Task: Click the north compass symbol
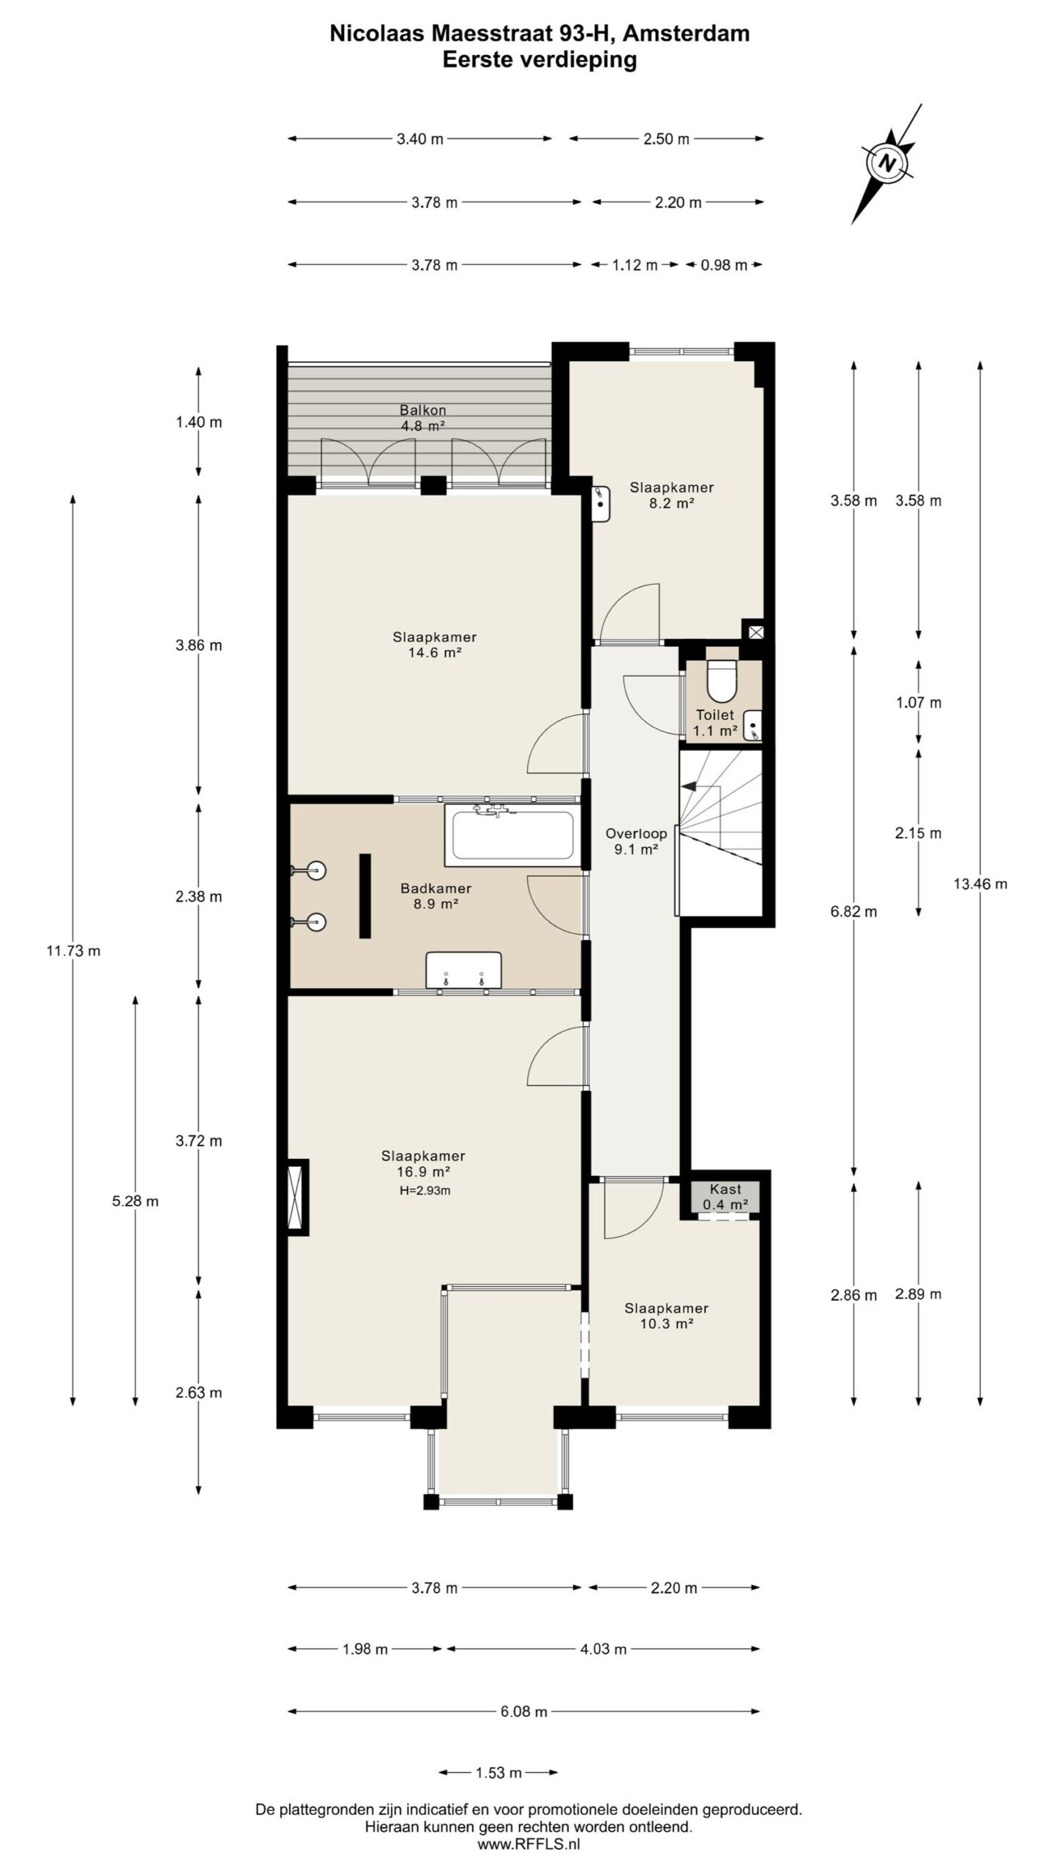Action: coord(887,163)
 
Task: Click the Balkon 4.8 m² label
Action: coord(423,418)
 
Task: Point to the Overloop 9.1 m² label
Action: coord(636,841)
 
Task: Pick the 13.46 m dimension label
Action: coord(980,884)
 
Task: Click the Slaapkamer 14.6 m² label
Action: coord(435,645)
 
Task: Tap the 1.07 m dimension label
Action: coord(919,703)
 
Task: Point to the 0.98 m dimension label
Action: coord(724,265)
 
